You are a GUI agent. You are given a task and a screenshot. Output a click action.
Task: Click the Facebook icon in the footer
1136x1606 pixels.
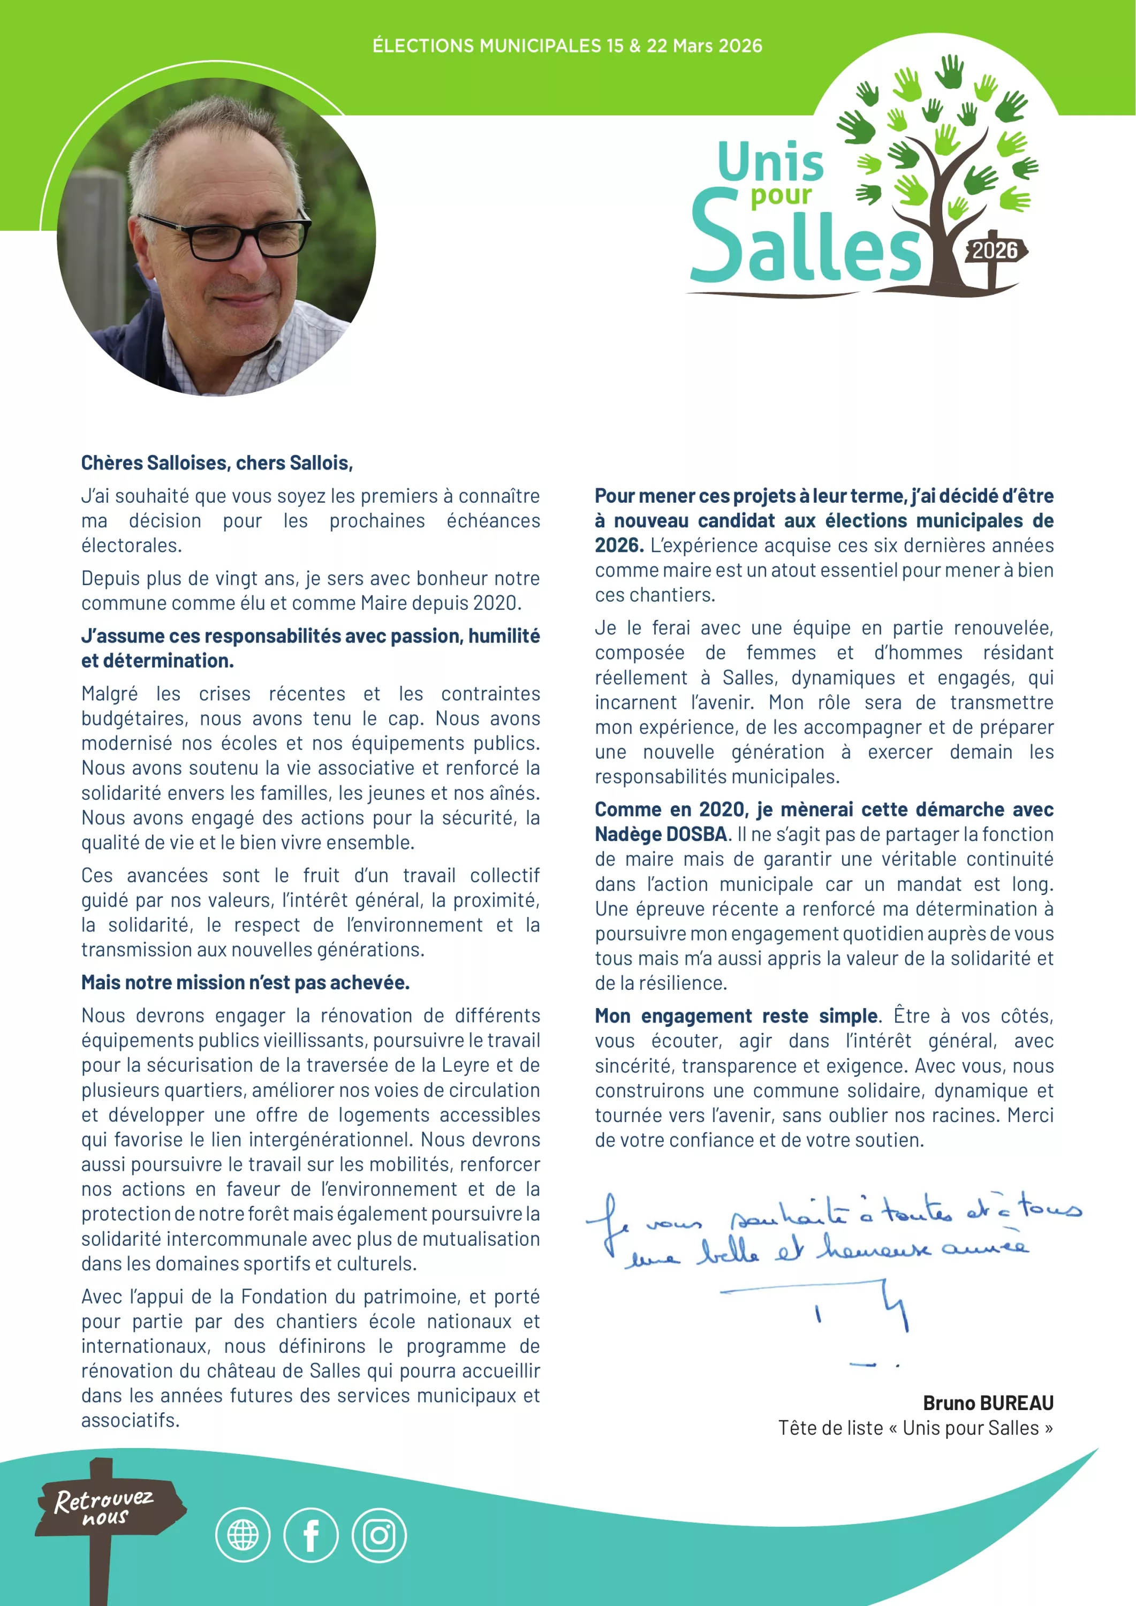310,1535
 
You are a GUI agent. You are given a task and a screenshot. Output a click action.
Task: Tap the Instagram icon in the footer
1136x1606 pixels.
378,1535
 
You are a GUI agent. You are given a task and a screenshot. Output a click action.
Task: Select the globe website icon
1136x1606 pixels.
243,1535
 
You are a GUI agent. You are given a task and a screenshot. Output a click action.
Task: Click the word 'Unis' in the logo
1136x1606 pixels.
771,162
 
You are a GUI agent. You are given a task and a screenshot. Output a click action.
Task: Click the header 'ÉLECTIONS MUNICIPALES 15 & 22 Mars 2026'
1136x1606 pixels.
567,46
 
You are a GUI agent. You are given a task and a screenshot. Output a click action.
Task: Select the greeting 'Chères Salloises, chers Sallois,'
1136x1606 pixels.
217,463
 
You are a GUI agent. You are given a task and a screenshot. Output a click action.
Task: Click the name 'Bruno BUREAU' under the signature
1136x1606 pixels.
988,1403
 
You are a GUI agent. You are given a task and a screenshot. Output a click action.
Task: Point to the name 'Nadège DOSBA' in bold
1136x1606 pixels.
661,835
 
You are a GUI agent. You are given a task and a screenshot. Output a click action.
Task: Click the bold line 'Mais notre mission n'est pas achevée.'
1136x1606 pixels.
245,983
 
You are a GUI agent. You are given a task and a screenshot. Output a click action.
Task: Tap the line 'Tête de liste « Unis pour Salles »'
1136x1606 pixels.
915,1428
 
